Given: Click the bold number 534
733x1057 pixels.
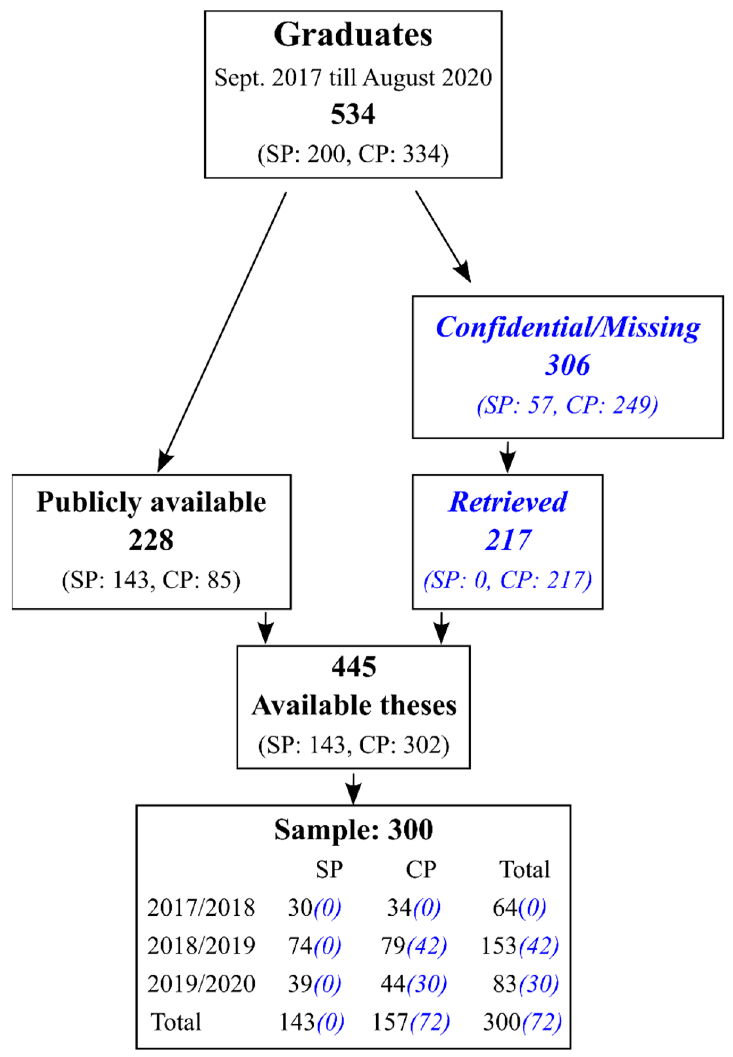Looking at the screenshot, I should tap(353, 114).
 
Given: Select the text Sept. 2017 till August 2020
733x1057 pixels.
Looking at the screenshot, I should tap(353, 77).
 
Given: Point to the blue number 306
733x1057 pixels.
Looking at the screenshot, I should tap(568, 365).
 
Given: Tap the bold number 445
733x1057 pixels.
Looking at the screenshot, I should tap(354, 667).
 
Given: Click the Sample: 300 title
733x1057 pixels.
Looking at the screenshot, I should tap(353, 830).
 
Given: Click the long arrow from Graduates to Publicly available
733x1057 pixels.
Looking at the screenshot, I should tap(223, 331).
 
